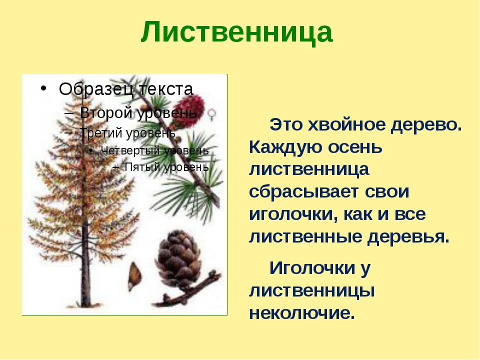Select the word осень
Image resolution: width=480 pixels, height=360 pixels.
click(355, 147)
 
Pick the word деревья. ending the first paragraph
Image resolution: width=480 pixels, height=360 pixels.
click(408, 236)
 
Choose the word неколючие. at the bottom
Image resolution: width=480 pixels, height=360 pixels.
click(302, 313)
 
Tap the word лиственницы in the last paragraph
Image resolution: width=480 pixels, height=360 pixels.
click(312, 290)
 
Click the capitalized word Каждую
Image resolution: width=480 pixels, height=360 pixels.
click(285, 147)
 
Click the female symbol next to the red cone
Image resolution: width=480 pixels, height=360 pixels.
click(212, 114)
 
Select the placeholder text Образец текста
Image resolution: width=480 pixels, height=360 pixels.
click(126, 89)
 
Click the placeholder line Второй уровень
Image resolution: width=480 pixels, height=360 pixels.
click(138, 113)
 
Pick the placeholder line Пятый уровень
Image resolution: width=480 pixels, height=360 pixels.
click(166, 167)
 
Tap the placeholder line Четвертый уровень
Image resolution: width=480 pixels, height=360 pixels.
click(154, 150)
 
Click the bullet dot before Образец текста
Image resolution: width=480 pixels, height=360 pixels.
click(43, 88)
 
